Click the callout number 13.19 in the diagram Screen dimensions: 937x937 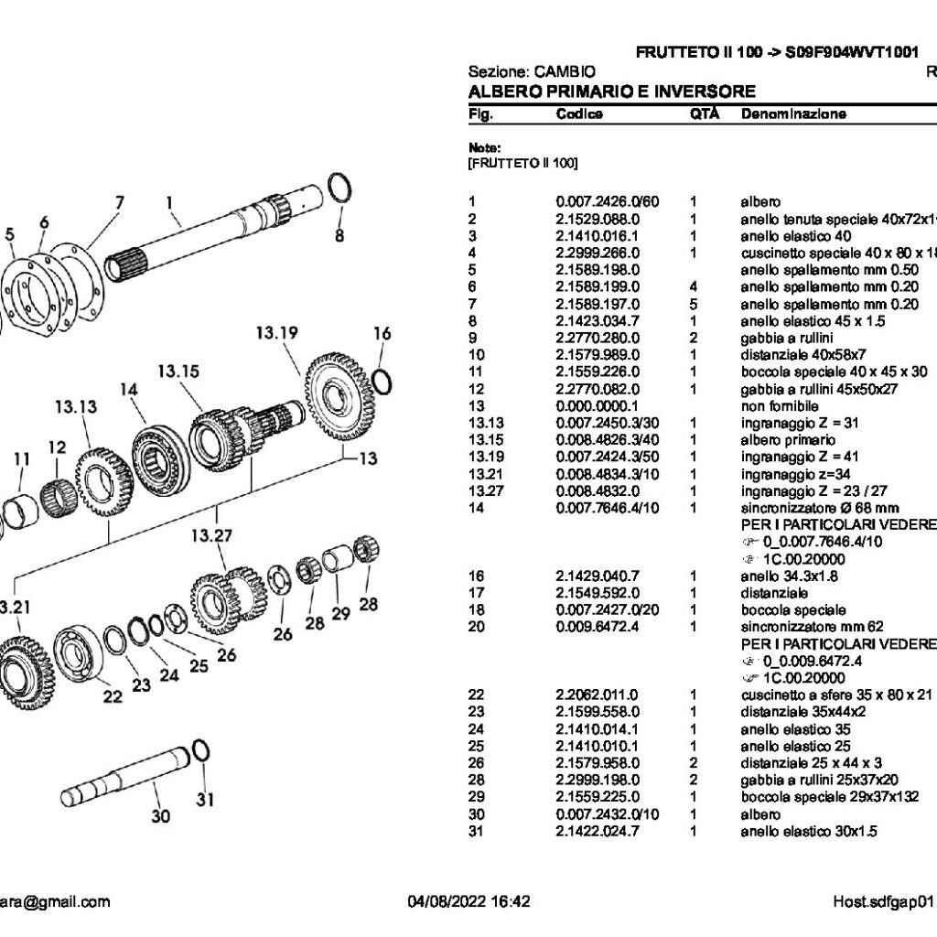[279, 334]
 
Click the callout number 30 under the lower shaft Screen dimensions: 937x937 [160, 816]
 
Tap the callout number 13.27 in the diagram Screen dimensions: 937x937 [213, 534]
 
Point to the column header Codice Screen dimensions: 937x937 [579, 114]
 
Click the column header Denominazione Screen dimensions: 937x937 [793, 114]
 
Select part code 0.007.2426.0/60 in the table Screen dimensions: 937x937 [608, 201]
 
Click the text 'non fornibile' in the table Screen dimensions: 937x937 [780, 404]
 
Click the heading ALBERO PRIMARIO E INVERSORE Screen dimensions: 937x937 [611, 92]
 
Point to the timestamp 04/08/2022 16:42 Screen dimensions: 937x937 [468, 901]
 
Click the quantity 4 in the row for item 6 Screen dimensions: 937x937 [694, 286]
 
